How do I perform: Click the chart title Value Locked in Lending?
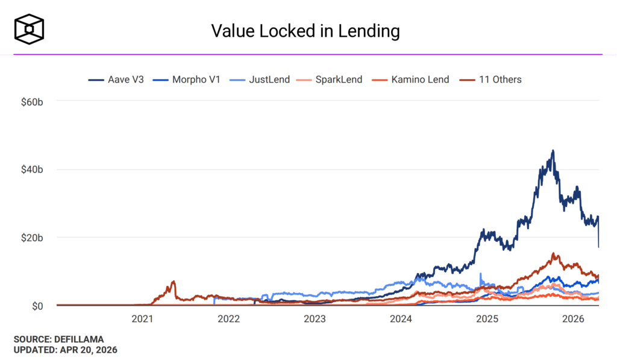305,31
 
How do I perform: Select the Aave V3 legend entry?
116,79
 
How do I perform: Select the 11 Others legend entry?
492,79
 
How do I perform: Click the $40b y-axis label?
31,169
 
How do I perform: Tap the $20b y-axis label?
31,238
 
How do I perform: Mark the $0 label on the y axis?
36,306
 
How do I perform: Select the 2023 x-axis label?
315,319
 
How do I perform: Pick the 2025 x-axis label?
487,319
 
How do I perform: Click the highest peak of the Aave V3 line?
553,151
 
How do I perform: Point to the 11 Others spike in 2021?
174,282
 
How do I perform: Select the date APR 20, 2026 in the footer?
89,349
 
